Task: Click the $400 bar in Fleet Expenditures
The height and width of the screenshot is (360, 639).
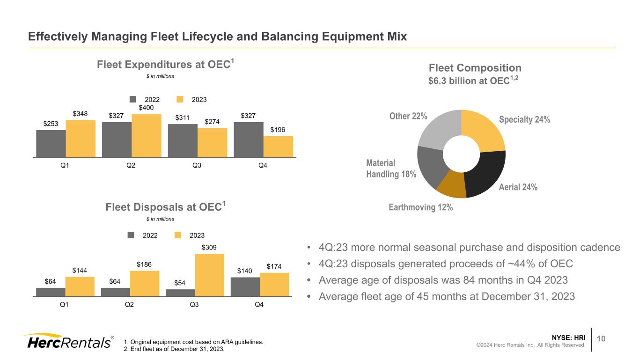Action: [146, 136]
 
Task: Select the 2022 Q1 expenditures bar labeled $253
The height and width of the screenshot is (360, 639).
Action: [51, 144]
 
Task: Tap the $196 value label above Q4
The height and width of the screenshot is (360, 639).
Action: [278, 129]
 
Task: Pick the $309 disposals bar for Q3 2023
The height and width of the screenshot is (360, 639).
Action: [209, 275]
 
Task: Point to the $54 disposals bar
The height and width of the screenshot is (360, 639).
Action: [180, 293]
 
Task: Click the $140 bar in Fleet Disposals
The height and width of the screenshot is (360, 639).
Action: [245, 287]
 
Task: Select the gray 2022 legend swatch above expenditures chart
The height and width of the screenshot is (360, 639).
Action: [133, 99]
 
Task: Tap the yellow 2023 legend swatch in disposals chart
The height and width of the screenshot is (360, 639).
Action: [178, 235]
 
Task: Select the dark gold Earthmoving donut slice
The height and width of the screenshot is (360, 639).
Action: [451, 186]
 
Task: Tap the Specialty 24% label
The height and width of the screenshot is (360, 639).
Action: [524, 120]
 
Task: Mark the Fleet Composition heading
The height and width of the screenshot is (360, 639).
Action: [475, 68]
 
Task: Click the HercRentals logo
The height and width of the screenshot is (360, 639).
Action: [68, 342]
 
